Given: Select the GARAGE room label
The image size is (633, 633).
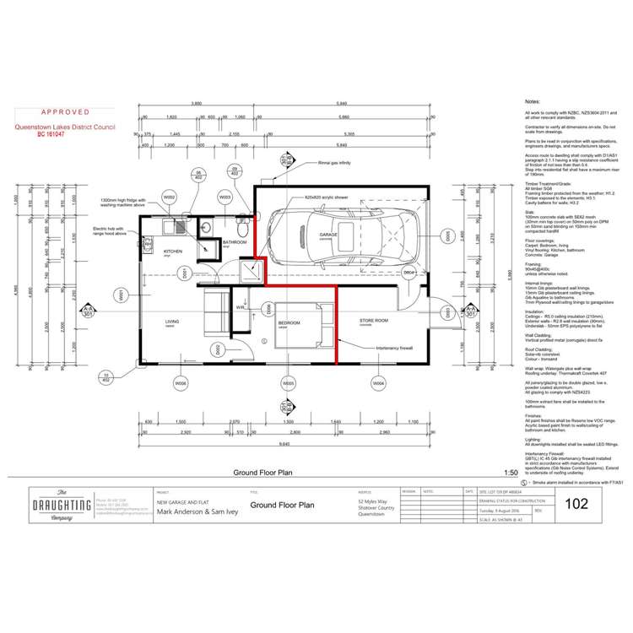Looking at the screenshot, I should pos(327,235).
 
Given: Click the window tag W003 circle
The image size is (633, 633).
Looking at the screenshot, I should pos(225,196).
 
